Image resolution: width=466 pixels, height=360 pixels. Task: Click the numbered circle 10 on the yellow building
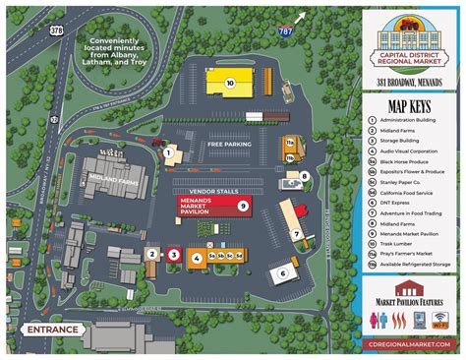[229, 84]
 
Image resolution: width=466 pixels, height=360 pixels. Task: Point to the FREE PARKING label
[229, 144]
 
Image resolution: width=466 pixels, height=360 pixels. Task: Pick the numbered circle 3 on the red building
[173, 254]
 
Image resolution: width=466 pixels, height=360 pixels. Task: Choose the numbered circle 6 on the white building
[283, 272]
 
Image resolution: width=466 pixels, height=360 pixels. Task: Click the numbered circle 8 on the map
[304, 177]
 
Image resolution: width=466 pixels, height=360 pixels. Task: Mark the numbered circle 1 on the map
[168, 152]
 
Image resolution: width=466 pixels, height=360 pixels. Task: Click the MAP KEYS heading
[411, 106]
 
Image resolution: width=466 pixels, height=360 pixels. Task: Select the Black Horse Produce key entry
[408, 158]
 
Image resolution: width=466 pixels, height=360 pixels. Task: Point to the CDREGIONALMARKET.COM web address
[411, 345]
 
